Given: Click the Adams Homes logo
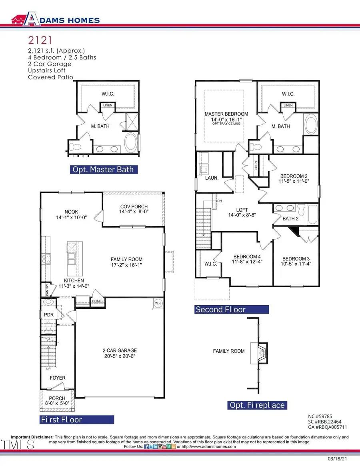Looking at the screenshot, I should (x=56, y=20).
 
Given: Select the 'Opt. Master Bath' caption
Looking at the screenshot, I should (x=104, y=170).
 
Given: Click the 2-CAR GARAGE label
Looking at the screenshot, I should (x=120, y=350).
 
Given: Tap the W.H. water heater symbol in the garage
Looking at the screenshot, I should (x=157, y=304).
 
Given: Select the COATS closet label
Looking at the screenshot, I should (x=98, y=301).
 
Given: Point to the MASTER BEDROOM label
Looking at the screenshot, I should (x=226, y=114).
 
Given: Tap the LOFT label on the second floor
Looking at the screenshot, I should (x=242, y=210).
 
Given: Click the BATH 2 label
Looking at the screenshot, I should (x=291, y=218).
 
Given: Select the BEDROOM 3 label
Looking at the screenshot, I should (x=296, y=258).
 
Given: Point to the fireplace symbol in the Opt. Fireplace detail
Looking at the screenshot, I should (x=259, y=353).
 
